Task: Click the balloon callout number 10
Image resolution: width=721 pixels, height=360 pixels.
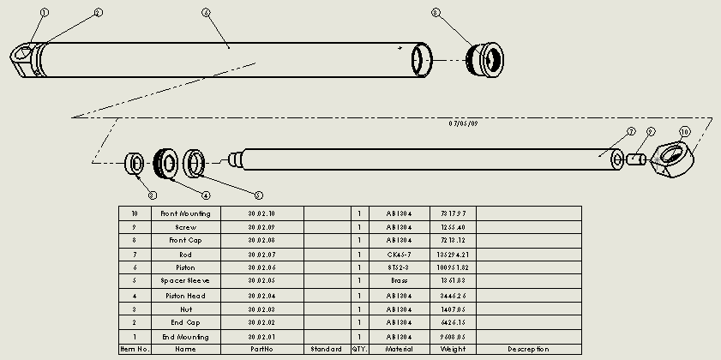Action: coord(684,132)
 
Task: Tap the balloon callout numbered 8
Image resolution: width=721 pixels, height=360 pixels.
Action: coord(436,14)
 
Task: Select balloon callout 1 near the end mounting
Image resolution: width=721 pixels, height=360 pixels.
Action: coord(45,14)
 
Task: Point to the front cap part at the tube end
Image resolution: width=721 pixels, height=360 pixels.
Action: coord(486,61)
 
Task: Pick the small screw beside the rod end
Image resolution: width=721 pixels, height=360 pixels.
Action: coord(636,159)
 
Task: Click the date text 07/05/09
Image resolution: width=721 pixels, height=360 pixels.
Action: coord(465,123)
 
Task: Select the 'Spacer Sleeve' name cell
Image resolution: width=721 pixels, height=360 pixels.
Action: coord(185,281)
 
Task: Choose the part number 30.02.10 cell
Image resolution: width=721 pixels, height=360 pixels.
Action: coord(261,213)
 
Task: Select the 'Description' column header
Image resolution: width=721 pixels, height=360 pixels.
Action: coord(527,350)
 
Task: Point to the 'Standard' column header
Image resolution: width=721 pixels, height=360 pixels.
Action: coord(326,350)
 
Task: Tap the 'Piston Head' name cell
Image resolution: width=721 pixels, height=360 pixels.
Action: coord(185,296)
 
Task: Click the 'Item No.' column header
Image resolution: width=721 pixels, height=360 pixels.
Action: coord(134,350)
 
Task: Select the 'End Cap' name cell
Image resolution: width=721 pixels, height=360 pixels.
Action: coord(185,323)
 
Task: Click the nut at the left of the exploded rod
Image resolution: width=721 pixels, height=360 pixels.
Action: coord(135,162)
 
